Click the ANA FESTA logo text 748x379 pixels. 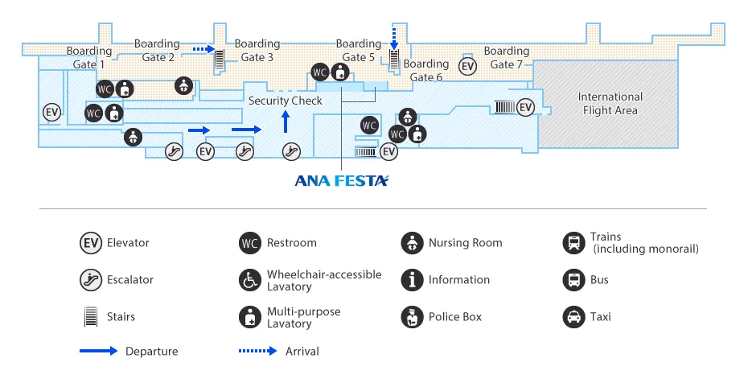pos(342,181)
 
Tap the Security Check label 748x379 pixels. pos(285,101)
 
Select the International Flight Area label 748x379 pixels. pos(610,104)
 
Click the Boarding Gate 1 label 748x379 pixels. pos(89,58)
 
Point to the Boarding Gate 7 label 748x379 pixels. pos(507,58)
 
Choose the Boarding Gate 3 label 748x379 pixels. pos(257,51)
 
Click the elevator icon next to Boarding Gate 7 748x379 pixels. pos(467,66)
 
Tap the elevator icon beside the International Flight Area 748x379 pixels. pos(525,107)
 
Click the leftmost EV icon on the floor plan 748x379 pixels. pos(52,112)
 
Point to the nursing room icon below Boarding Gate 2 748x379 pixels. pos(184,84)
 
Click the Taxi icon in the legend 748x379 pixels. pos(573,317)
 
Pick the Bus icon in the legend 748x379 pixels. pos(573,280)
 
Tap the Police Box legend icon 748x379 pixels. pos(412,317)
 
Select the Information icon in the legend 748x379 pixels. pos(412,280)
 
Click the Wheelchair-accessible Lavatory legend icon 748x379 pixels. pos(250,280)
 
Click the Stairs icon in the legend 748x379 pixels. pos(90,317)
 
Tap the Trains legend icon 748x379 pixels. pos(573,243)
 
